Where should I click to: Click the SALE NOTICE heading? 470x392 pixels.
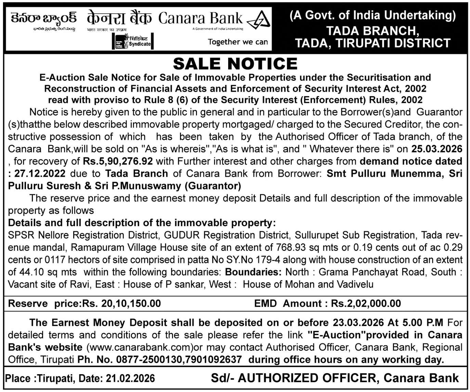[x=235, y=64]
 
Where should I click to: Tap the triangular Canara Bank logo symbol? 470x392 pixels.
[x=259, y=21]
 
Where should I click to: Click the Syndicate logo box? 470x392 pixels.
[x=133, y=42]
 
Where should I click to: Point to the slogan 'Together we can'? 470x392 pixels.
[x=238, y=42]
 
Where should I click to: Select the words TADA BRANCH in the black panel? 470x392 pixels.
[x=373, y=31]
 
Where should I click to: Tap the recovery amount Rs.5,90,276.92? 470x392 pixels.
[x=118, y=161]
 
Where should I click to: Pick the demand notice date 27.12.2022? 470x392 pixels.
[x=40, y=173]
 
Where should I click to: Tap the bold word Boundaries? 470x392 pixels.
[x=253, y=272]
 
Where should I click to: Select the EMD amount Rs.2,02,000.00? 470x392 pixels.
[x=366, y=303]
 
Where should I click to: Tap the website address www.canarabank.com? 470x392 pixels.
[x=140, y=347]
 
